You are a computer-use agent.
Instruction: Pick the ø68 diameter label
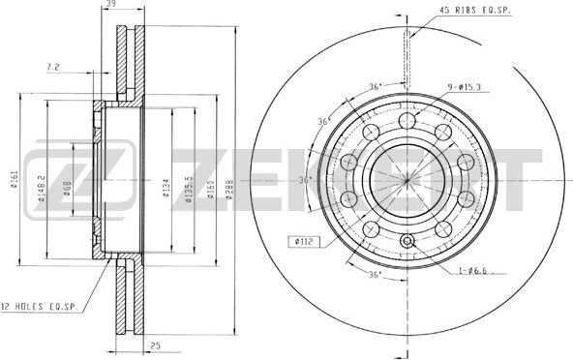[x=67, y=187]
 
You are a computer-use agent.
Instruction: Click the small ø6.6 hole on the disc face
[x=407, y=242]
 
